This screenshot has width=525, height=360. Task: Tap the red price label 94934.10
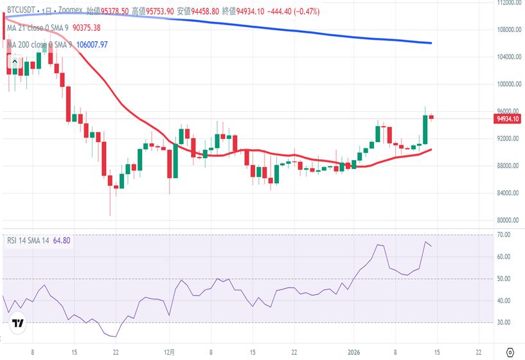[508, 119]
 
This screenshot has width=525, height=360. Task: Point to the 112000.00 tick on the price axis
[508, 3]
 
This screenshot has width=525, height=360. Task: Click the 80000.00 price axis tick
[508, 220]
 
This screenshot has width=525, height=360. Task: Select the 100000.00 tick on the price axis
[508, 84]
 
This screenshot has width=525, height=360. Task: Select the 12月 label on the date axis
[168, 352]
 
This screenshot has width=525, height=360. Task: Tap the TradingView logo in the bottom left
[19, 323]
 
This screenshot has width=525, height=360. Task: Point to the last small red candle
[431, 116]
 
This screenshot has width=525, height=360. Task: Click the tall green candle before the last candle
[425, 129]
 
